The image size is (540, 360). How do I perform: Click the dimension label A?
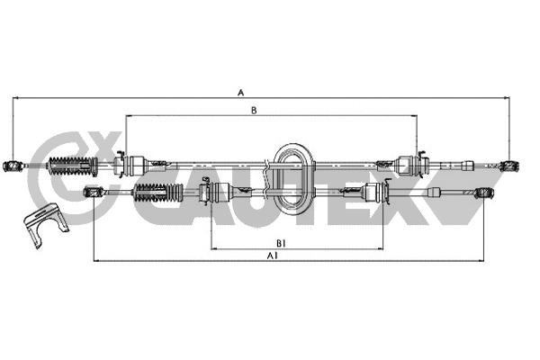240,93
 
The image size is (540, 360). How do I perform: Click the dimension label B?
254,110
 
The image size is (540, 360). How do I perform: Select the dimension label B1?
281,244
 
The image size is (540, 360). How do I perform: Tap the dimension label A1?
273,256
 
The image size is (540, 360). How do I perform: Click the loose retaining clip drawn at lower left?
45,223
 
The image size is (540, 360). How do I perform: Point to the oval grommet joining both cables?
295,179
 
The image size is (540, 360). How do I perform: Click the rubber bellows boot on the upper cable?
74,166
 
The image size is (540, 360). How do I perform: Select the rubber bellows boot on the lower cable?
158,193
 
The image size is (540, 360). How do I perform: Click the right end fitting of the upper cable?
510,166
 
